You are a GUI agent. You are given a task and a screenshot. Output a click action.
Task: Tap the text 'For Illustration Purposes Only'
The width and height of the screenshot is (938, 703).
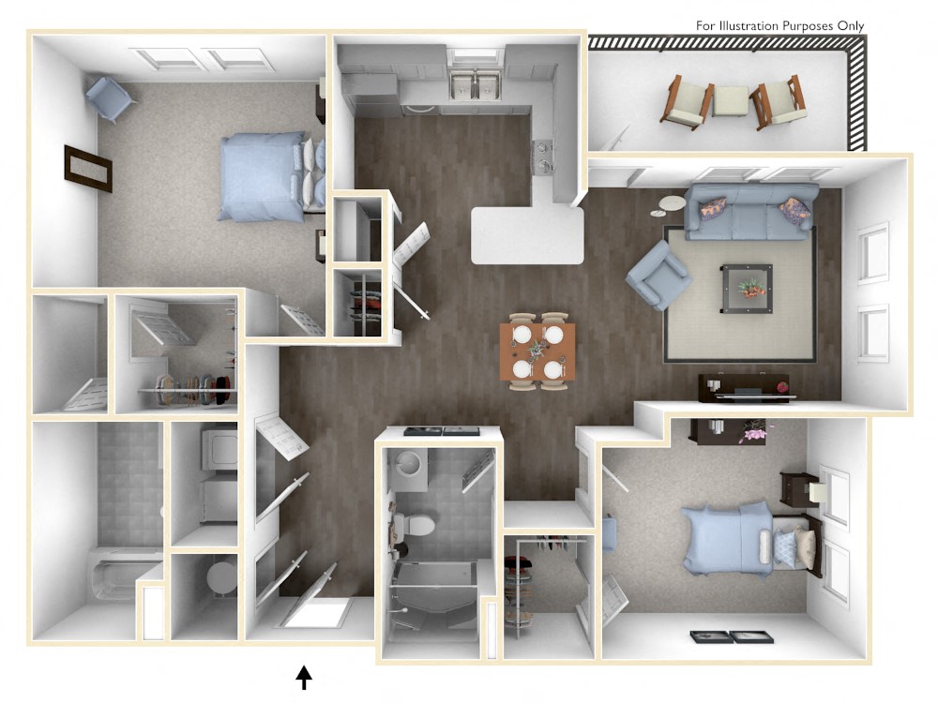tap(779, 25)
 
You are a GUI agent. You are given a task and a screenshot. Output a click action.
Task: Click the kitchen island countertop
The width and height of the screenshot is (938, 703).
tap(526, 234)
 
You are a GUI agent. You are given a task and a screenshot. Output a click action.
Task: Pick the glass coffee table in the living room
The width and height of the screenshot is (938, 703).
tap(747, 287)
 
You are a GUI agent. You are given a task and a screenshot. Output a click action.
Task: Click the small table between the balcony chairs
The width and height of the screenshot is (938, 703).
tap(730, 100)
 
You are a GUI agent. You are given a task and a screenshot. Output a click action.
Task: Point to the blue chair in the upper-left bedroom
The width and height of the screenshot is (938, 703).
tap(111, 98)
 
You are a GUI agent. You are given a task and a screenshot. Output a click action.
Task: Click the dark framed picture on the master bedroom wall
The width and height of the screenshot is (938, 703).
tap(88, 169)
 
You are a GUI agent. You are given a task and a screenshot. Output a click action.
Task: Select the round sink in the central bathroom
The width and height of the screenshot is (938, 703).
tap(408, 463)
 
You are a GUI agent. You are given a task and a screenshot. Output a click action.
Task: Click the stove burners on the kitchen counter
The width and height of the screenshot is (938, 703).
tap(543, 157)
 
